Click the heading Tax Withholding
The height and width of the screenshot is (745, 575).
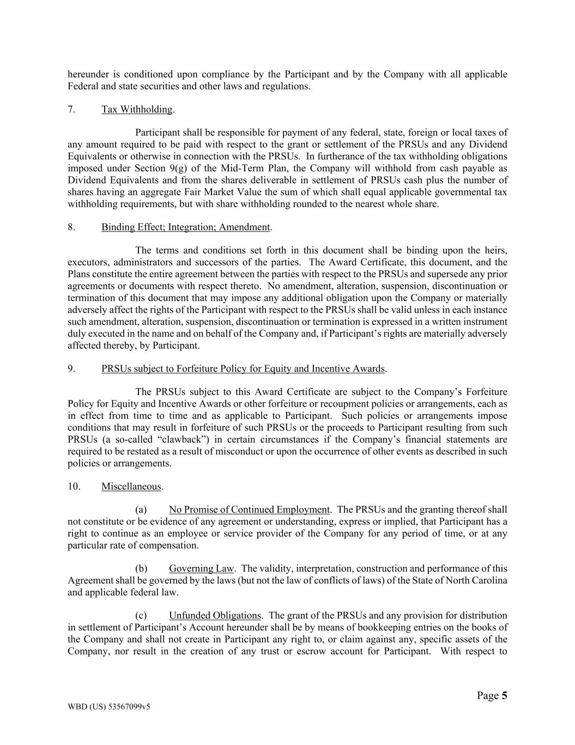coord(137,109)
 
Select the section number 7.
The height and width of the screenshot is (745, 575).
coord(71,109)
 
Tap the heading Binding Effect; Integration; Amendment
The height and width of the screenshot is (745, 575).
coord(186,227)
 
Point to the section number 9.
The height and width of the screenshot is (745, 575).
coord(71,368)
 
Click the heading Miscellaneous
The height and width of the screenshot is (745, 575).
coord(131,486)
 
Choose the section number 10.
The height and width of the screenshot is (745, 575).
coord(74,486)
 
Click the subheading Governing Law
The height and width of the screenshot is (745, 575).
coord(201,568)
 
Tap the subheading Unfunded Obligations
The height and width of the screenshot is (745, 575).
coord(215,616)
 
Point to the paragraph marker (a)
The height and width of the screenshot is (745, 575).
coord(141,510)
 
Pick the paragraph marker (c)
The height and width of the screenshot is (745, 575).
coord(141,616)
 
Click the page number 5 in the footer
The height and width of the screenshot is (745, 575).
coord(504,695)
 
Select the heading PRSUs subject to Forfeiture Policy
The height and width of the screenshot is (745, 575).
coord(243,368)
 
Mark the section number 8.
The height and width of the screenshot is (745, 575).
coord(71,227)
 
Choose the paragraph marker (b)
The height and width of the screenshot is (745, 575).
coord(141,568)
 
